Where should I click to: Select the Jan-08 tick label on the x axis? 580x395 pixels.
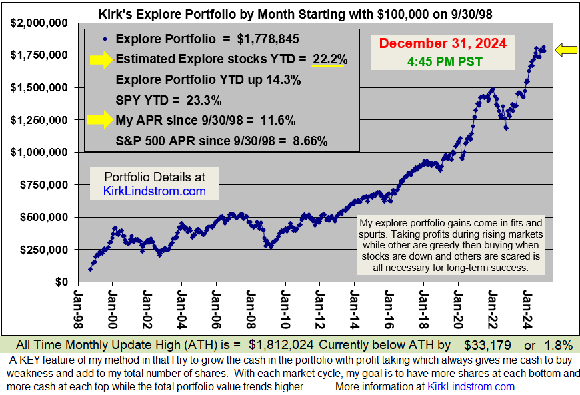250,306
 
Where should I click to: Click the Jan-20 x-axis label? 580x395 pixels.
457,306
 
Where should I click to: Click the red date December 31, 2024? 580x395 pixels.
443,44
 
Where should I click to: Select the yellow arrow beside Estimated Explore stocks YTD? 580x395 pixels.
100,59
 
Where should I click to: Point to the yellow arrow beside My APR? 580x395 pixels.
100,121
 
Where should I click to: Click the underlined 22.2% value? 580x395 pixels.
329,59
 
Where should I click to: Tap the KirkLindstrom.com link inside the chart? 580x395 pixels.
155,191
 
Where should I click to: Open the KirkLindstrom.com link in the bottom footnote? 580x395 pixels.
471,386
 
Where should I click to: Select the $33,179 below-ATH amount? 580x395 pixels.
489,345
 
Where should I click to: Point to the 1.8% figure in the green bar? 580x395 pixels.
557,345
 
